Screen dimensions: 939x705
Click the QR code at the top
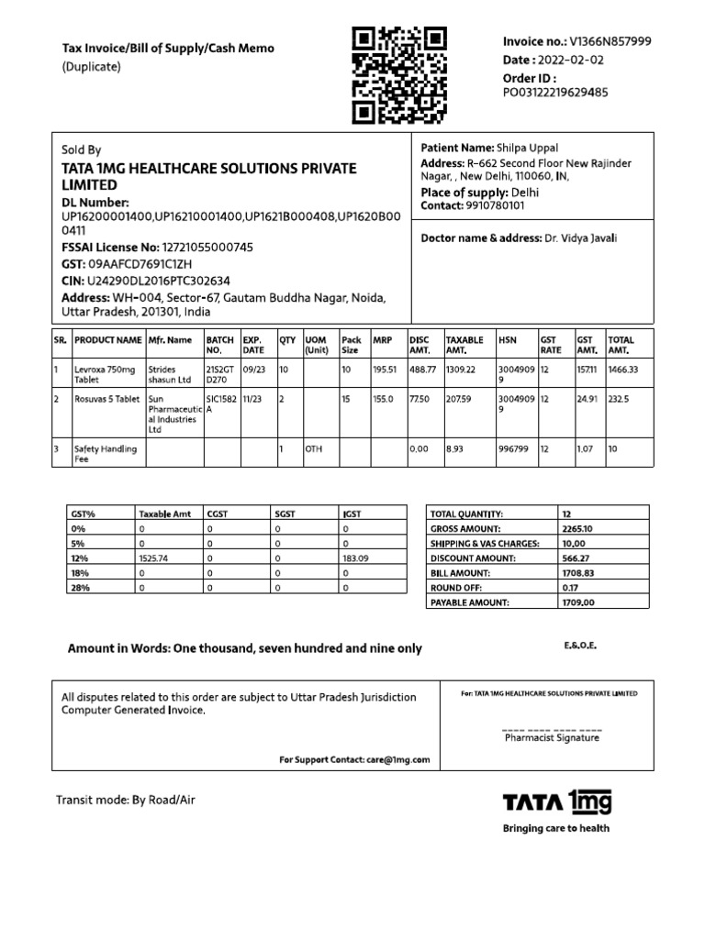[399, 75]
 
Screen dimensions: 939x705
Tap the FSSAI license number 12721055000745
[207, 248]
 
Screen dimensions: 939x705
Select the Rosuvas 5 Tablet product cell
[106, 400]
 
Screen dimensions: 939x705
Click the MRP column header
[383, 339]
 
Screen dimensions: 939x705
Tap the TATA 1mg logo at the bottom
[556, 803]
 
